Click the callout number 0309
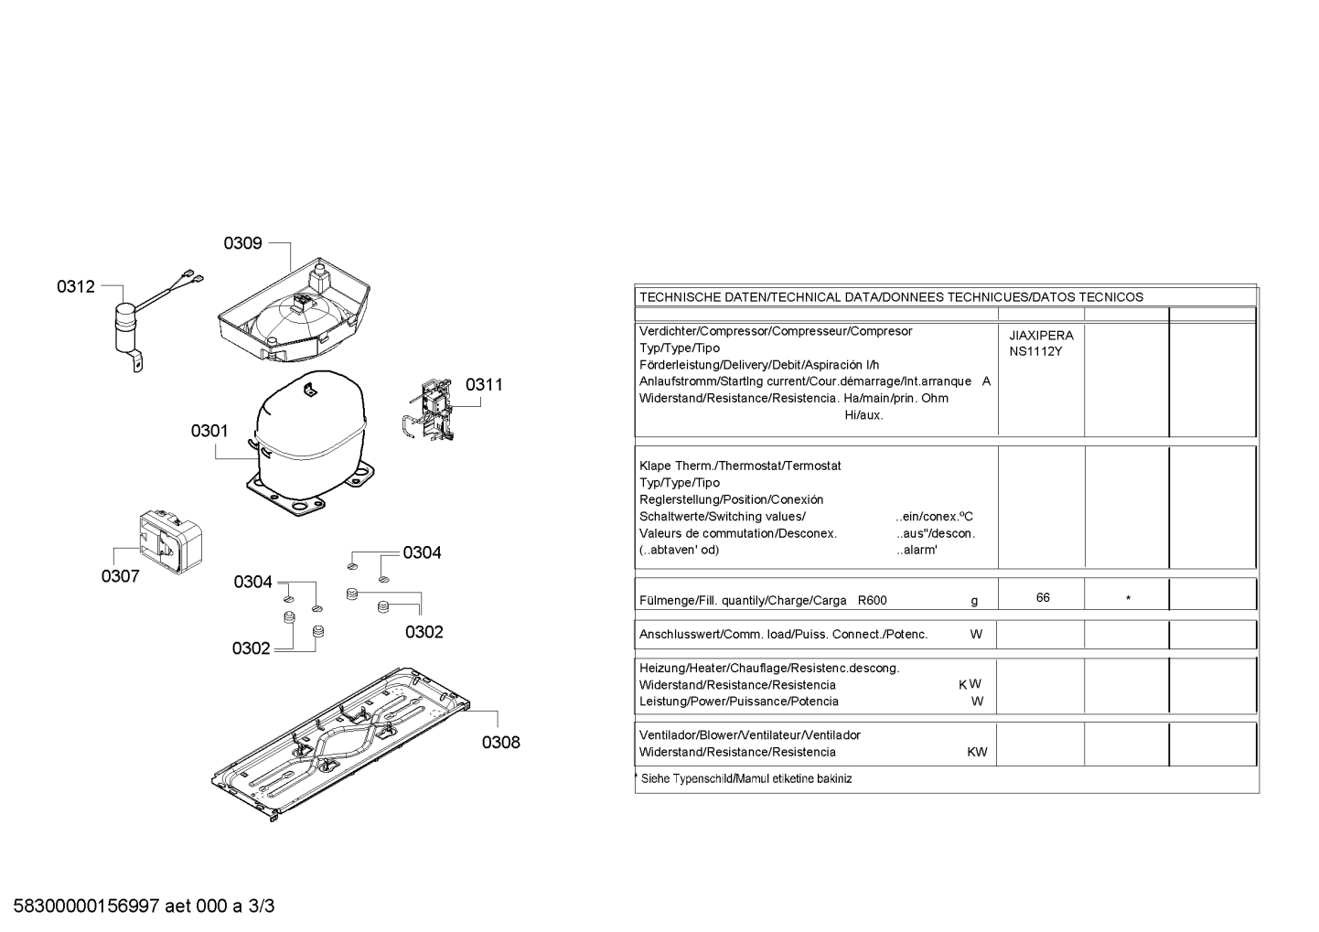242,243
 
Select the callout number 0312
75,286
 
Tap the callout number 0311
484,384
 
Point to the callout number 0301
209,431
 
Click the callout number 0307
120,576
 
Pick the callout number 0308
501,743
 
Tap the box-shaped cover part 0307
171,541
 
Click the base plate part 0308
340,745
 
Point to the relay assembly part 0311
429,410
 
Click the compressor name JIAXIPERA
1041,336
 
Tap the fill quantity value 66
1043,597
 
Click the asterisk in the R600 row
1128,599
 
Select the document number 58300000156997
86,905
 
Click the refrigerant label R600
872,601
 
